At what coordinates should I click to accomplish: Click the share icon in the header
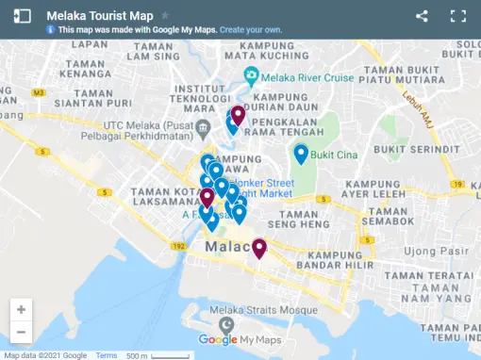(x=422, y=16)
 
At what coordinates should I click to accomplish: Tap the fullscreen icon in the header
(x=458, y=16)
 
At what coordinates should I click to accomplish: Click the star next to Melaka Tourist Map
(x=166, y=16)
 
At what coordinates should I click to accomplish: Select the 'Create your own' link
(x=251, y=30)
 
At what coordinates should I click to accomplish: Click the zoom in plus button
(x=21, y=309)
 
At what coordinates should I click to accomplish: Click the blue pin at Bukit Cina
(x=301, y=153)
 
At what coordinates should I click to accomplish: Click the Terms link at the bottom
(x=106, y=355)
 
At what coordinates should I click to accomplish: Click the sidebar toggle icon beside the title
(x=23, y=16)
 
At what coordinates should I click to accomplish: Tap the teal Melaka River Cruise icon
(x=251, y=76)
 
